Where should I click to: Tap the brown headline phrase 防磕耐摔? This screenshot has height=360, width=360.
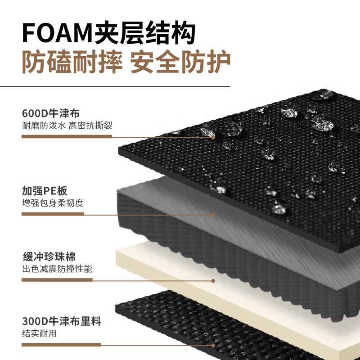pos(72,62)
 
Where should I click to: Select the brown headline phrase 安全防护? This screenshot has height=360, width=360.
pos(180,62)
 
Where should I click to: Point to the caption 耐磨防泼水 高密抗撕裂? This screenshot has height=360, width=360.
pos(67,126)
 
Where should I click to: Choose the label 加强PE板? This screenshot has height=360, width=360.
pos(45,190)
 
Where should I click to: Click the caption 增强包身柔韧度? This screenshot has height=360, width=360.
pos(53,203)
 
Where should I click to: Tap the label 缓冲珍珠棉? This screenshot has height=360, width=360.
pos(49,257)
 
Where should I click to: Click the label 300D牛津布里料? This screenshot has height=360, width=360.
pos(62,321)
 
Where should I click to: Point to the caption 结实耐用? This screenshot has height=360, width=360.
pos(39,334)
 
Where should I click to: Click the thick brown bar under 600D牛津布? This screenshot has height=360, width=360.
pos(67,136)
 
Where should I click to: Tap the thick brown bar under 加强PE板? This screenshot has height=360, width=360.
pos(53,214)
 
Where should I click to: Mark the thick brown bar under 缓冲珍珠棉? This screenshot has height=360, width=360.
pos(57,279)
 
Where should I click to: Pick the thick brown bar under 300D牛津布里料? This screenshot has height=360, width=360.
pos(62,344)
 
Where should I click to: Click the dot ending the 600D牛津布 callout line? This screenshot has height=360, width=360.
pos(213,137)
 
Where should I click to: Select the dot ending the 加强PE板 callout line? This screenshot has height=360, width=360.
pos(213,215)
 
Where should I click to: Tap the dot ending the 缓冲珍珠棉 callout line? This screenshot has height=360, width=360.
pos(213,280)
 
